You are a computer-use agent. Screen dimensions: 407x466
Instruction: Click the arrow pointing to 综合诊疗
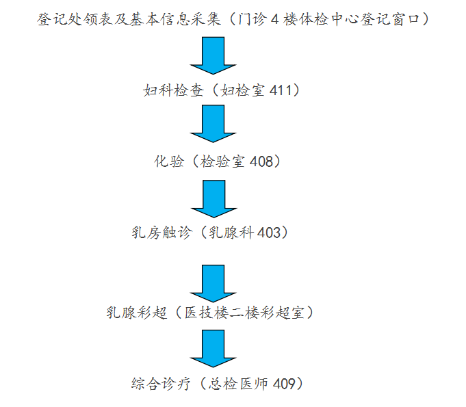[x=213, y=349]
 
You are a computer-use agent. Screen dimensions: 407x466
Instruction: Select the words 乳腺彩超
[x=135, y=313]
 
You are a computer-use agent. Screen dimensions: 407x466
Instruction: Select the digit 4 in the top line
[x=274, y=19]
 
